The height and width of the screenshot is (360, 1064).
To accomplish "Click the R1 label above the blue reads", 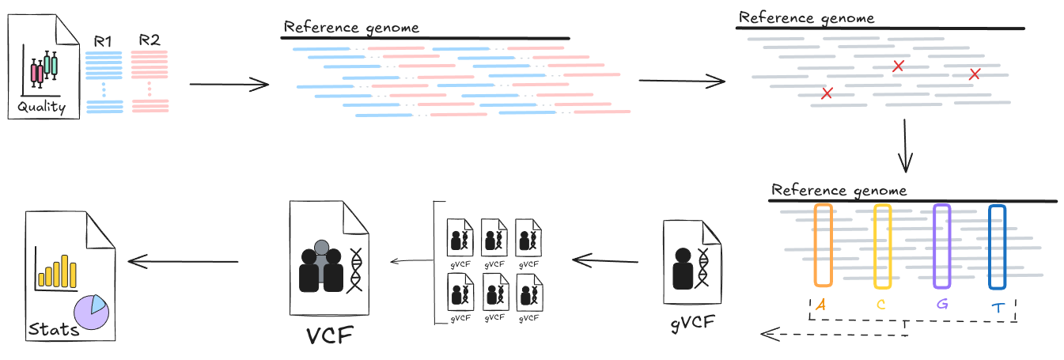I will pos(103,40).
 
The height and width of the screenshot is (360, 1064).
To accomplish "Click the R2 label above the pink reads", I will pos(149,40).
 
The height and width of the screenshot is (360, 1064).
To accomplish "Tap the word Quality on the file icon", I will pos(40,108).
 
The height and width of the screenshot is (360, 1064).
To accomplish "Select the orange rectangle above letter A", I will pos(823,245).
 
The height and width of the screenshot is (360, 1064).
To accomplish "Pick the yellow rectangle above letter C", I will pos(882,246).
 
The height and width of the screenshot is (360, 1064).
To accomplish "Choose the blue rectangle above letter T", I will pos(997,246).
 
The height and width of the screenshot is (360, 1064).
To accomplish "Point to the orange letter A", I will pos(822,305).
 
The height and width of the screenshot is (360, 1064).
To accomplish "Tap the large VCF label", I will pos(329,335).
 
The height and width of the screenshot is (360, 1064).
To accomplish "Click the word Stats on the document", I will pos(54,328).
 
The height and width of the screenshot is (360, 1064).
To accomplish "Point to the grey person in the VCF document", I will pos(321,248).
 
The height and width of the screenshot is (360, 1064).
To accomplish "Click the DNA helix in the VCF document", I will pos(356,268).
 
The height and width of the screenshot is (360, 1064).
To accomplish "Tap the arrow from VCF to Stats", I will pos(183,261).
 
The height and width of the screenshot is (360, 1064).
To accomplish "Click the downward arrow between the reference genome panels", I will pos(907,146).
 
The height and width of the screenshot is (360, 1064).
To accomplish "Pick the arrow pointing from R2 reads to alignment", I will pos(229,84).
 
